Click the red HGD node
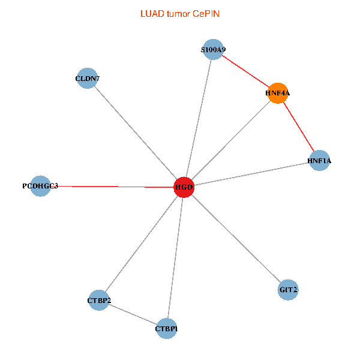[184, 187]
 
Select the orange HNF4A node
[278, 93]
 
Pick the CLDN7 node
[88, 79]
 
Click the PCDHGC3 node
[40, 186]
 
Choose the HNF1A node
[319, 161]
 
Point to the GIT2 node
[289, 290]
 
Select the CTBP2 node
[99, 300]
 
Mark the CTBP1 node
[166, 329]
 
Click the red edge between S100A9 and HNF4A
[245, 71]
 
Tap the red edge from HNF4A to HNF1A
[299, 127]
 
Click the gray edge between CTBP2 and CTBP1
[133, 314]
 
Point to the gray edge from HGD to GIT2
[236, 239]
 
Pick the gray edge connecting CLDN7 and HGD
[136, 133]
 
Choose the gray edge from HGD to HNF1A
[251, 174]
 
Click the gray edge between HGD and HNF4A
[231, 140]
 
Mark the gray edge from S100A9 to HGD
[198, 119]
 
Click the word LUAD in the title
[151, 13]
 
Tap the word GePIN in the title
[206, 13]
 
